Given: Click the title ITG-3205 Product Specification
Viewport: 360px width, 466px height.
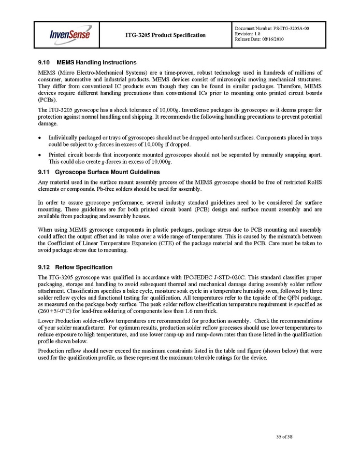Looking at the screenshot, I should click(165, 35).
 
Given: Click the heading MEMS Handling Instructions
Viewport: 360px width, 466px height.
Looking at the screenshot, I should click(96, 63).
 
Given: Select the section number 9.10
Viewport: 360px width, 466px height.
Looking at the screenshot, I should click(45, 63).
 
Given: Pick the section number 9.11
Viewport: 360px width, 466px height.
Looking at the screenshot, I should click(45, 172).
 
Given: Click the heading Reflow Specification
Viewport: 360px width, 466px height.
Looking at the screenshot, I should click(84, 267).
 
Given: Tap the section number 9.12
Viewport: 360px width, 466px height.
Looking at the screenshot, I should click(45, 267).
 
